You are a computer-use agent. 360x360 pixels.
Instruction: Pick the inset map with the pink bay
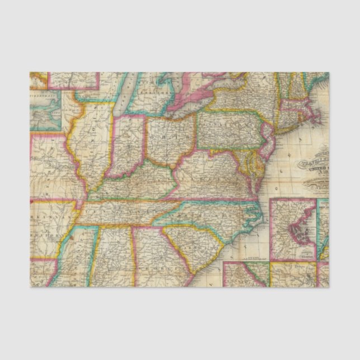click(293, 229)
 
